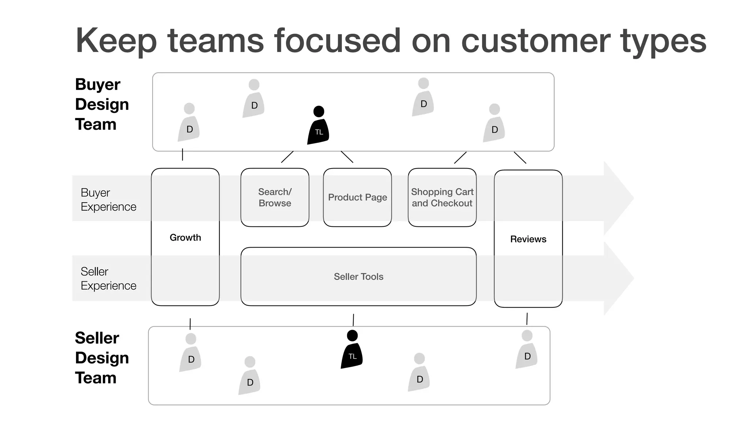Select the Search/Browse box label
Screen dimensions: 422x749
275,197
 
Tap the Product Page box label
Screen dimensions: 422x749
357,197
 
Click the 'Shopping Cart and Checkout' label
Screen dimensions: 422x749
442,197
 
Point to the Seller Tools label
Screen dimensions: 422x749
358,277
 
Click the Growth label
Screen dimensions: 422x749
185,237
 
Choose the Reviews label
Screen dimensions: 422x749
528,239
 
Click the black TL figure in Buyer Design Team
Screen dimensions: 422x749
318,126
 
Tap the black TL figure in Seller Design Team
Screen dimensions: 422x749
352,351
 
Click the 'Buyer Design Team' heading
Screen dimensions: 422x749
102,104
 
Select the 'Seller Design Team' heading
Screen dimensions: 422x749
102,358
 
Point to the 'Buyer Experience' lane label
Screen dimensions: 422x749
108,200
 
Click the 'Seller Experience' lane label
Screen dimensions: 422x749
108,278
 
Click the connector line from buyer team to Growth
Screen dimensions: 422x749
182,155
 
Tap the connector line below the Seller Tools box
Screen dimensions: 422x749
353,320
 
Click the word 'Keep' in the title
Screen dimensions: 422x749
116,41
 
